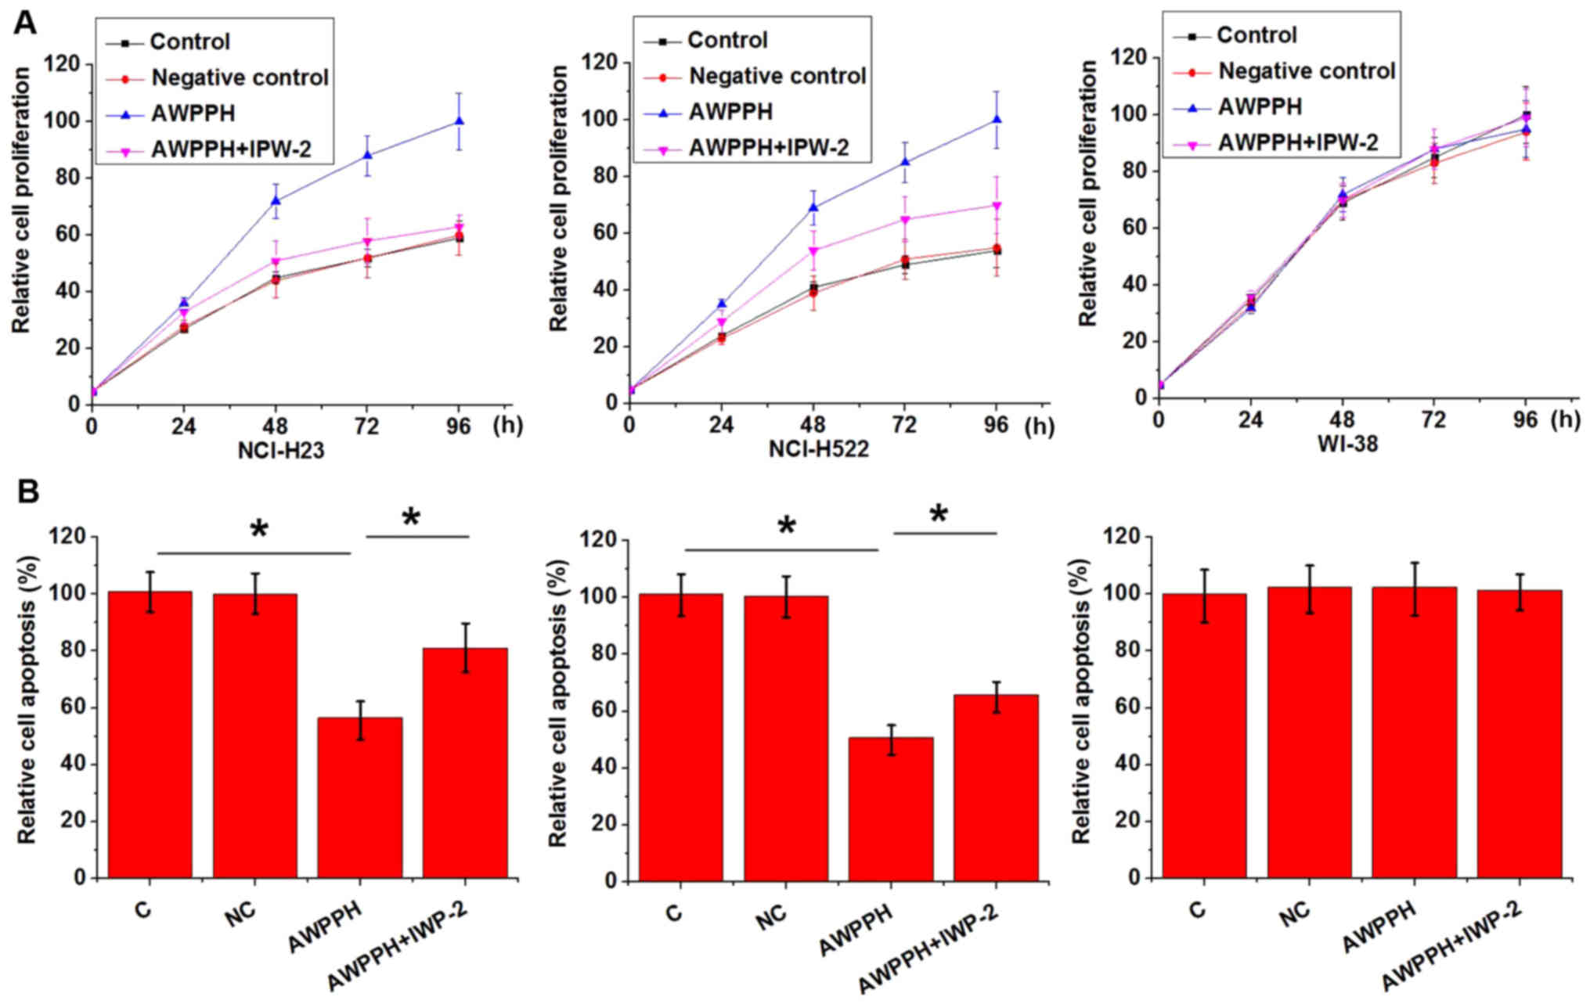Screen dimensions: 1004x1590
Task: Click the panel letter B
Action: [27, 491]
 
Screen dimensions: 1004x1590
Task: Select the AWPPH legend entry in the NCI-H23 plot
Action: [193, 113]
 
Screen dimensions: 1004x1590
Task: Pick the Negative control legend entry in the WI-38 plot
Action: [1307, 71]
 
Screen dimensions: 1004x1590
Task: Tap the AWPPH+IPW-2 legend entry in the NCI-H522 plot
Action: [768, 147]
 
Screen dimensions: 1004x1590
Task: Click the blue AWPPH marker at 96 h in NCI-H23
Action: [460, 121]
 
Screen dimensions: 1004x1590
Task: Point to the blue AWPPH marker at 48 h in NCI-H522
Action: [813, 207]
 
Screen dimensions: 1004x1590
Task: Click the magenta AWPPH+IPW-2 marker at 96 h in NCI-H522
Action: [997, 206]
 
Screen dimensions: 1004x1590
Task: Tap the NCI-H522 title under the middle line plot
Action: [818, 449]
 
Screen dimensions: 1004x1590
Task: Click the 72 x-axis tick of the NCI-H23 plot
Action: [367, 426]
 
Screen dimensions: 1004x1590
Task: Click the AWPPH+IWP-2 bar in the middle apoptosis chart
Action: [996, 786]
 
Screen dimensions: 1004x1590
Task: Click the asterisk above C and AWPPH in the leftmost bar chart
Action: [258, 531]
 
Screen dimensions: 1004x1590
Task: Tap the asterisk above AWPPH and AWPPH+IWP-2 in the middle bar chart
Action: [938, 515]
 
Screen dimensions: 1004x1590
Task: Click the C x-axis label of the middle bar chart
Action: [673, 913]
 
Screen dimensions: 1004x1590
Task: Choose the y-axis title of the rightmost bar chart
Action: [1081, 700]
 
